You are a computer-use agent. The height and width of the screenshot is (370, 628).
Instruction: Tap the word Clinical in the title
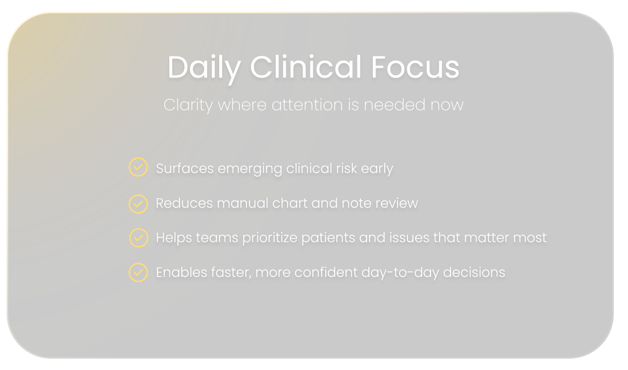(x=305, y=67)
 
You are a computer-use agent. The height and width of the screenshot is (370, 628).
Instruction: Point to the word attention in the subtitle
(x=307, y=105)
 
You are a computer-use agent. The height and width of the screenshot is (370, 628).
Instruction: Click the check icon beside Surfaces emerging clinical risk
(x=138, y=167)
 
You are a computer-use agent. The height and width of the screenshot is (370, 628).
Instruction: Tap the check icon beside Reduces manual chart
(x=138, y=204)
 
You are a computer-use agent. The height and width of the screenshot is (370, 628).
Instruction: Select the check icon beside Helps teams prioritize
(x=139, y=238)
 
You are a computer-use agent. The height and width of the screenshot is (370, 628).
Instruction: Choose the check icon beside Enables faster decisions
(x=138, y=272)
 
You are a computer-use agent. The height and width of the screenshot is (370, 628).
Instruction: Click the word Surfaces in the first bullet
(x=185, y=168)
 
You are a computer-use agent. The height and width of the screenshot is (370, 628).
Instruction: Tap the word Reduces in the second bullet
(x=184, y=203)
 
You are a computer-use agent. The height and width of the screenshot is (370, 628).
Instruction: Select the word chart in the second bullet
(x=290, y=203)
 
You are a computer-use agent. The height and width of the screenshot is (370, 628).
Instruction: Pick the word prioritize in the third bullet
(x=270, y=238)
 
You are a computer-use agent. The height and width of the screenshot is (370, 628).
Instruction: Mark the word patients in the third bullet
(x=328, y=238)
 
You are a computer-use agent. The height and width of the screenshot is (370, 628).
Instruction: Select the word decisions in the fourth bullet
(x=474, y=272)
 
